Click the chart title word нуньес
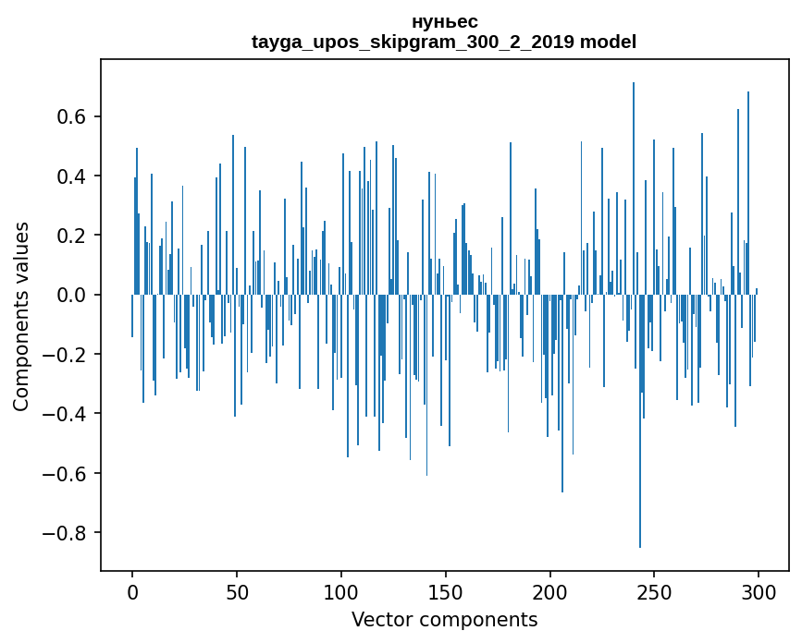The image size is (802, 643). coord(444,21)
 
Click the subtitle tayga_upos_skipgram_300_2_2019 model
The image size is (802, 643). coord(444,42)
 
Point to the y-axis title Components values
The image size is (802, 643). coord(21,316)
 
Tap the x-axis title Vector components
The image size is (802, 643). coord(444,620)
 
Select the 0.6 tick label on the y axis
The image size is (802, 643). coord(72,117)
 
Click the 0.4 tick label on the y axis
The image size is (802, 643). coord(72,176)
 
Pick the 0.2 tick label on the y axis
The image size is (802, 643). coord(72,236)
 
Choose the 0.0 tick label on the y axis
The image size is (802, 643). coord(72,296)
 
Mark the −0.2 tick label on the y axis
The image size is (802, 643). coord(66,355)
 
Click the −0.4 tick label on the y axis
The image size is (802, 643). coord(66,414)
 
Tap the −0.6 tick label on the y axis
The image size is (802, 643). coord(66,474)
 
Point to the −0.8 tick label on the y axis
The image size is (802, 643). coord(66,533)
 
